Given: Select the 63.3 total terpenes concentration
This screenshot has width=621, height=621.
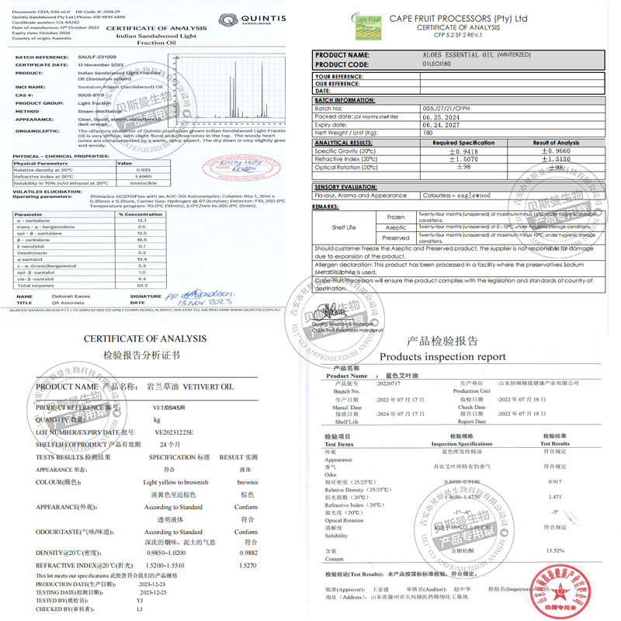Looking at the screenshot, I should [142, 286].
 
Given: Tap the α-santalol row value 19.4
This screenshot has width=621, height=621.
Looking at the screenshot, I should [142, 258].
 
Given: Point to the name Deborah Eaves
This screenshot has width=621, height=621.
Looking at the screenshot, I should [68, 296].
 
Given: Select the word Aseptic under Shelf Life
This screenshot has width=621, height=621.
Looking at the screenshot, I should [396, 227].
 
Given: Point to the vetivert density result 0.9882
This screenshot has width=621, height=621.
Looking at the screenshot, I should [246, 552].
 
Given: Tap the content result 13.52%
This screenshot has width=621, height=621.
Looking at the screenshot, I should [556, 550].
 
